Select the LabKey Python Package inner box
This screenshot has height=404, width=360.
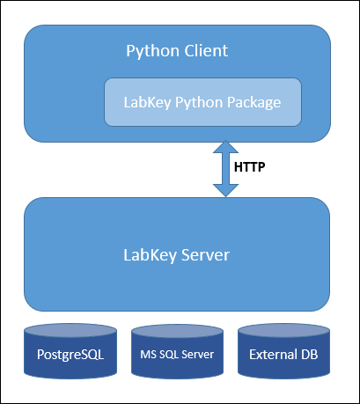click(202, 102)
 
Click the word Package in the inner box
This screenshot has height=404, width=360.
click(254, 103)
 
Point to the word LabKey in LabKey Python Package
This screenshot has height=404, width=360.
click(147, 102)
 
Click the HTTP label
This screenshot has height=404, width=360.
click(250, 167)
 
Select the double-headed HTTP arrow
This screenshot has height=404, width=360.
click(225, 169)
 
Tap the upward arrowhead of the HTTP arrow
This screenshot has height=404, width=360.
click(225, 147)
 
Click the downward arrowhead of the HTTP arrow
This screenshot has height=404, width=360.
click(225, 191)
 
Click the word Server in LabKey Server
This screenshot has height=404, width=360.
click(205, 255)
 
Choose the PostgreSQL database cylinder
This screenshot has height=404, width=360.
click(70, 351)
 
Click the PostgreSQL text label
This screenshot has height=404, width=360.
click(70, 355)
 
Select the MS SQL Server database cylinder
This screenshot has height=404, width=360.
click(177, 351)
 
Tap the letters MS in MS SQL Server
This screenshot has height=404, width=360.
click(148, 355)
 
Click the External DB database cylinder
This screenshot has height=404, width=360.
click(283, 351)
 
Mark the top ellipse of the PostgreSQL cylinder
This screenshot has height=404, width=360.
click(70, 331)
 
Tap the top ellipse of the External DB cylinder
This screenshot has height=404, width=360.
click(283, 331)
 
